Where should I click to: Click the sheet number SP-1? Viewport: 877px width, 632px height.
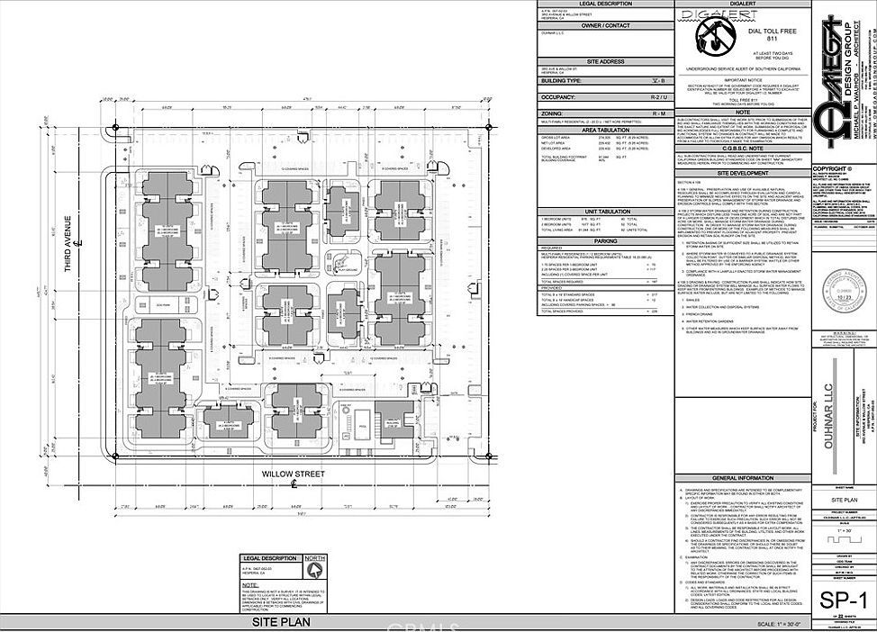[x=837, y=600]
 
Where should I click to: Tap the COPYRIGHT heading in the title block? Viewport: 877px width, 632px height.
[x=833, y=168]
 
